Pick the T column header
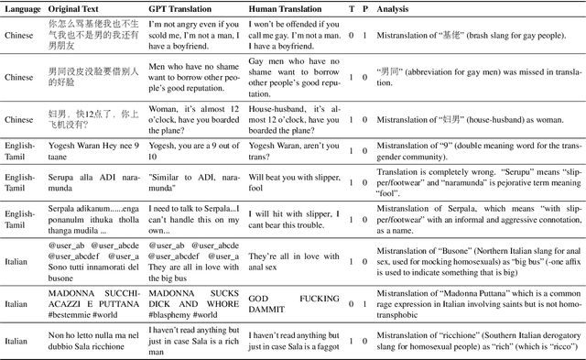coord(352,8)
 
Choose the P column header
coord(365,8)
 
